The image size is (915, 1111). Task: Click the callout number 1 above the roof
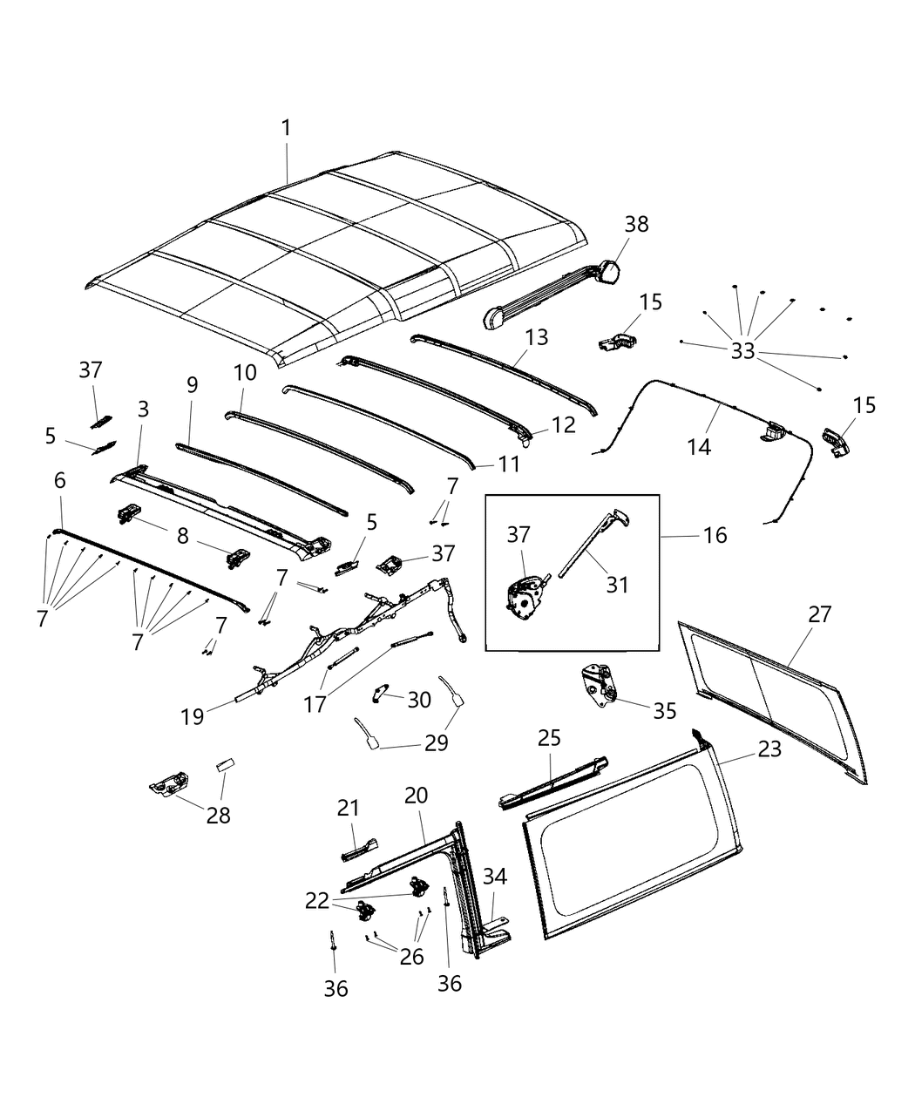[x=286, y=128]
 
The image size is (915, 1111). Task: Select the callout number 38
[x=636, y=224]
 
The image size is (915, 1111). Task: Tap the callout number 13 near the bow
[x=537, y=336]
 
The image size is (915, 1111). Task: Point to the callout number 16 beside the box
[x=715, y=534]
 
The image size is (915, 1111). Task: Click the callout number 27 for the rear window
[x=820, y=613]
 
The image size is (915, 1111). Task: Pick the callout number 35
[x=664, y=710]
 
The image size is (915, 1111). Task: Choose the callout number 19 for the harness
[x=193, y=716]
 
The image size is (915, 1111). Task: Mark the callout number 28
[x=219, y=816]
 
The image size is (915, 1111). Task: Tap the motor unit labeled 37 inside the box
[x=525, y=601]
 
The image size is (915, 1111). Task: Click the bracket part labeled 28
[x=170, y=783]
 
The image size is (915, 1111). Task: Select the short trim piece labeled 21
[x=359, y=847]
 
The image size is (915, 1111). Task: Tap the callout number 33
[x=742, y=351]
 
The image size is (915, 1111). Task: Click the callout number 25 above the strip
[x=549, y=738]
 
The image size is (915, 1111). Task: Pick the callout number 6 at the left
[x=60, y=480]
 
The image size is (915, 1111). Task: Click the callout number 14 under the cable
[x=699, y=447]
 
